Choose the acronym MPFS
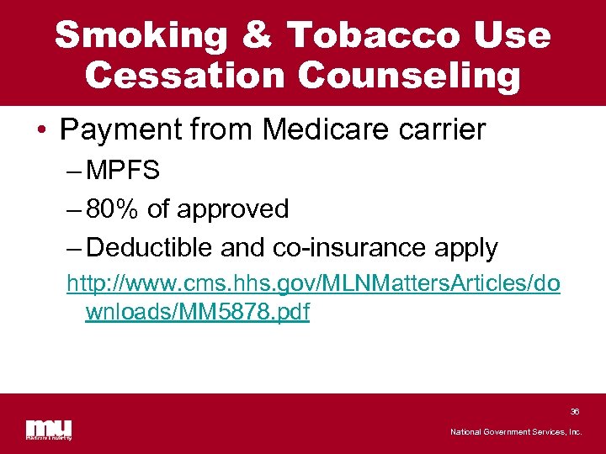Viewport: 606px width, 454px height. click(x=123, y=172)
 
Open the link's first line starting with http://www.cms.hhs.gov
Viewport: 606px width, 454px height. click(x=312, y=286)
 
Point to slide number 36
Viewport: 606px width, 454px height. click(x=575, y=412)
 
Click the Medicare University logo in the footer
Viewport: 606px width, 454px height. click(x=48, y=428)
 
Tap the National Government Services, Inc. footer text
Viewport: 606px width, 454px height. click(x=516, y=432)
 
